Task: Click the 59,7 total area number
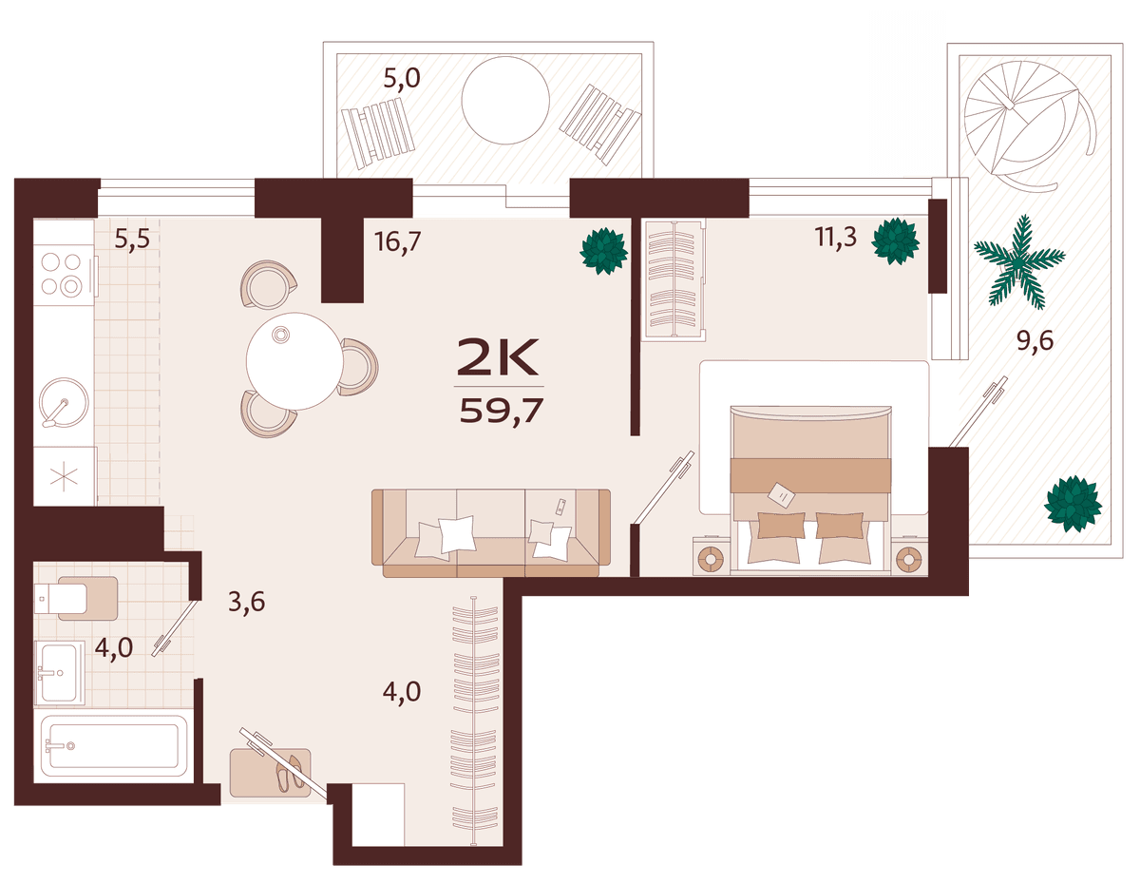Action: point(501,411)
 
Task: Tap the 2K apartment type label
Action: point(498,357)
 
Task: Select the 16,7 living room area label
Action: point(398,241)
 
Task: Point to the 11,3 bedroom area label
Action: point(836,237)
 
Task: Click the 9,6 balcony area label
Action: point(1035,341)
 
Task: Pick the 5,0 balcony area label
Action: point(402,79)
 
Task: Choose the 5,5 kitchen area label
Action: point(132,239)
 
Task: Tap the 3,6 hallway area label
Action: point(247,602)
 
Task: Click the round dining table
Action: point(294,361)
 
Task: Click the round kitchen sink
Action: point(64,403)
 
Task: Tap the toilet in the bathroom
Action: point(76,599)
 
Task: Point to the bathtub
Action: point(114,745)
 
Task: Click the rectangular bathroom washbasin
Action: point(59,673)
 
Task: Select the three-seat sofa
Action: point(491,533)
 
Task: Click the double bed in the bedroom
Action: point(810,490)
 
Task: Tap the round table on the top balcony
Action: point(505,100)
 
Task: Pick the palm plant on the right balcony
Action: point(1018,260)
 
